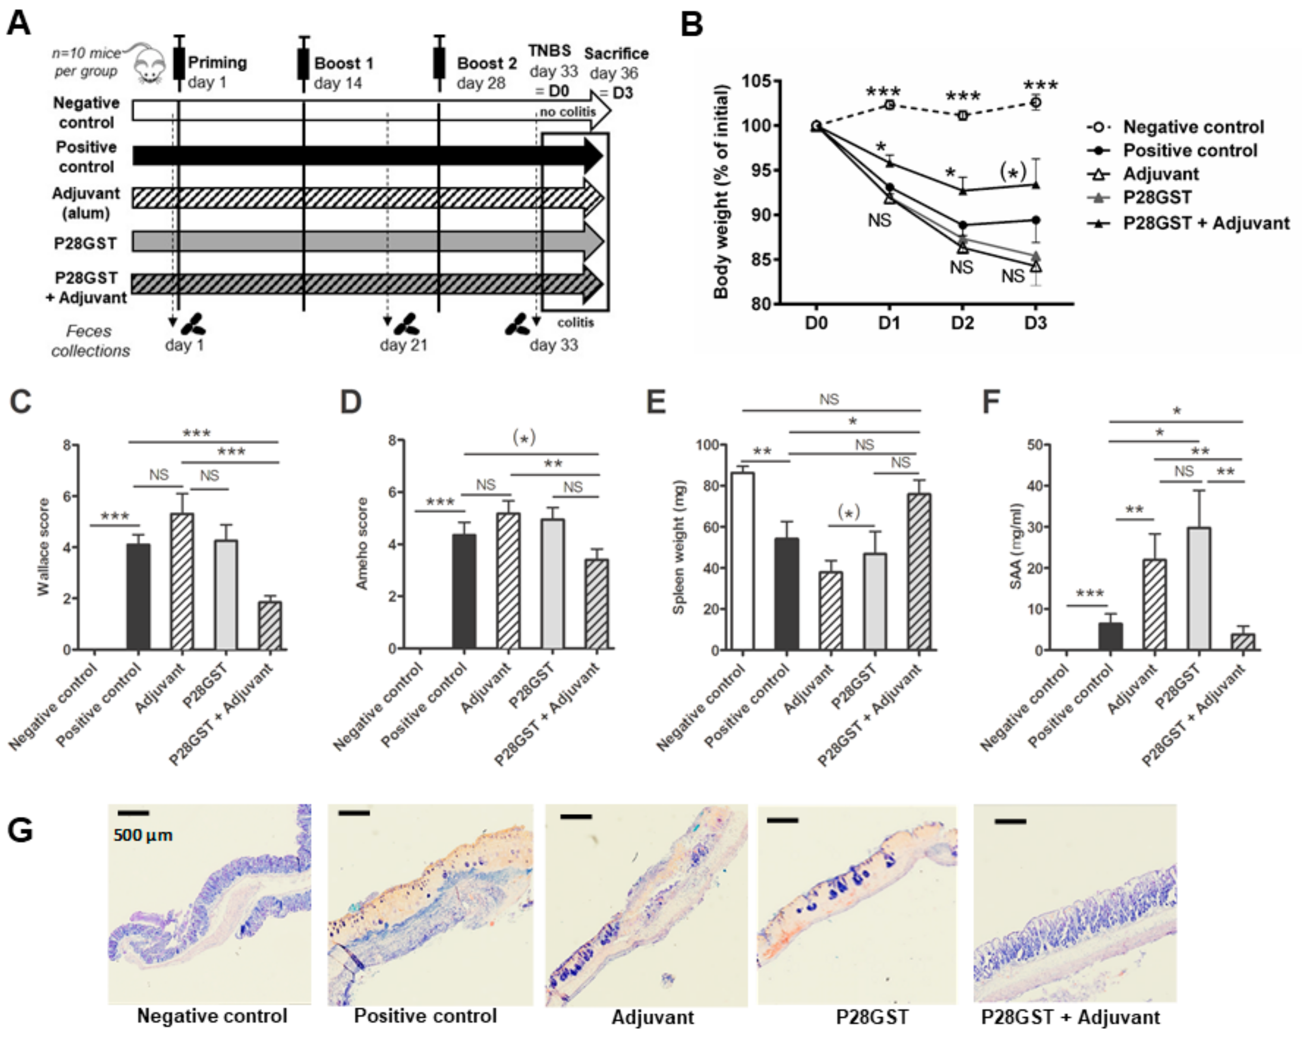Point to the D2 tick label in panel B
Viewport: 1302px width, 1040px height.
[x=962, y=324]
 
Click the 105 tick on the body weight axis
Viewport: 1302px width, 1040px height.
[x=756, y=81]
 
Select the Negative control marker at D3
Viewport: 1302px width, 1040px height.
[x=1036, y=103]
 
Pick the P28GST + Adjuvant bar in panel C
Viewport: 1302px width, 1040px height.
[x=270, y=625]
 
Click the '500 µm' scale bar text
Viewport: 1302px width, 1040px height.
[x=143, y=835]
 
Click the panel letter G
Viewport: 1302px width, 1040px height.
[x=20, y=831]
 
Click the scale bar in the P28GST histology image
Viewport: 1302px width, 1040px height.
[x=782, y=820]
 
